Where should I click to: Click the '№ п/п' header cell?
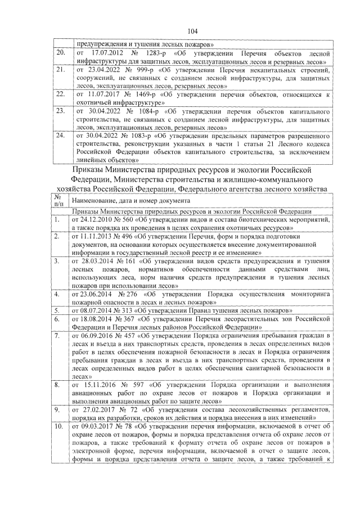58,200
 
